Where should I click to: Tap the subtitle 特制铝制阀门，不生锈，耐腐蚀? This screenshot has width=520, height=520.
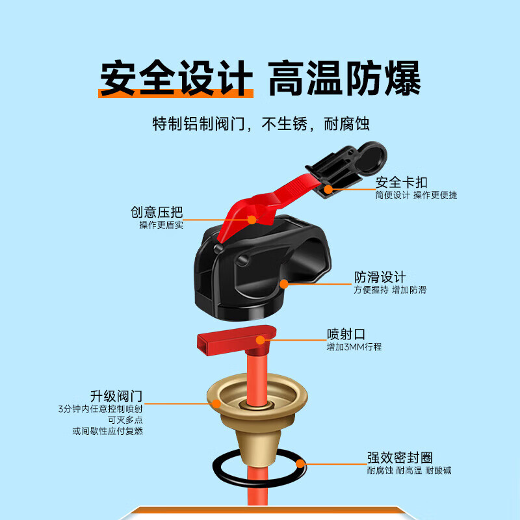coord(260,123)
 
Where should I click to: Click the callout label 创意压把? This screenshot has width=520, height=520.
coord(157,212)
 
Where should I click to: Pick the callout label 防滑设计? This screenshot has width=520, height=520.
coord(380,277)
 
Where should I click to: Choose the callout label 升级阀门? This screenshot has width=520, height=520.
coord(116,396)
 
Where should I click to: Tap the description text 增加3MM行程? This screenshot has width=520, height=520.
coord(354,347)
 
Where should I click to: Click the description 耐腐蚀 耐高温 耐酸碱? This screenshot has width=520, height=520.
coord(409,470)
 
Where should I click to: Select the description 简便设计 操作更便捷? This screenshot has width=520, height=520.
coord(415,195)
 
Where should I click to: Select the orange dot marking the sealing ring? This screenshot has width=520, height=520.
coord(300,463)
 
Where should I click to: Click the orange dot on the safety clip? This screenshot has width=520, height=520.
coord(329,189)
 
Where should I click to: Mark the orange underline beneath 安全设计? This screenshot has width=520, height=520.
coord(175,95)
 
